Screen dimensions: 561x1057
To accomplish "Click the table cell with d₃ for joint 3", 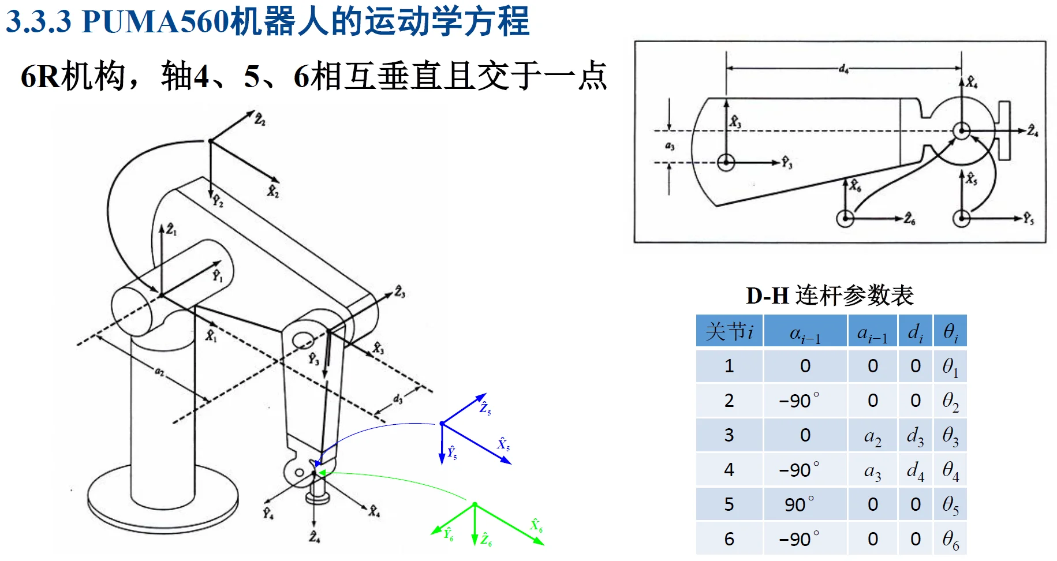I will [x=915, y=436].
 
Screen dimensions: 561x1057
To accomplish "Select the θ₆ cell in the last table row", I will [x=950, y=540].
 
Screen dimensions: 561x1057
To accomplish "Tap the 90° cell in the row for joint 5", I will [x=805, y=504].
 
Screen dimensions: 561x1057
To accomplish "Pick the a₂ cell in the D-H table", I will [x=872, y=436].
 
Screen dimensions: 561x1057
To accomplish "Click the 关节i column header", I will [x=729, y=331].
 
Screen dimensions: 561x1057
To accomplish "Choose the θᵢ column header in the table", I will [x=950, y=331].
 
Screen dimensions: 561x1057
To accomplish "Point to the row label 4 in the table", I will [x=729, y=470].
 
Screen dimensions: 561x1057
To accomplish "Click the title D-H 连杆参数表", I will [x=830, y=296].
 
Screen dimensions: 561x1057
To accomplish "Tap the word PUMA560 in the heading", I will [x=156, y=21].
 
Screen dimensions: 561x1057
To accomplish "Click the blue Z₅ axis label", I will [x=485, y=408].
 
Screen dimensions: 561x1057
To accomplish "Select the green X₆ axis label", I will [x=536, y=525].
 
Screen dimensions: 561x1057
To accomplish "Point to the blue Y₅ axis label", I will [x=452, y=452].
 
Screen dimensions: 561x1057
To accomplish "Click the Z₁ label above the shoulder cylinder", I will [x=171, y=230].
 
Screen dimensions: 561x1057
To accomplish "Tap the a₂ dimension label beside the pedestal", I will [x=159, y=372].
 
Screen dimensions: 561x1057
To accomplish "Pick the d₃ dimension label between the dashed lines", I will [x=398, y=399].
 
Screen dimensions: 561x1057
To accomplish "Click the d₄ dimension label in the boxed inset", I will [x=843, y=69].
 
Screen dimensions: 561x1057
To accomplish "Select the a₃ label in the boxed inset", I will [x=670, y=146].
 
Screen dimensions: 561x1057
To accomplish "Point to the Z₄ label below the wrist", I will [x=314, y=537].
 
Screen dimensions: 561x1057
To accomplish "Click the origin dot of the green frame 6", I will [x=475, y=504].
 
